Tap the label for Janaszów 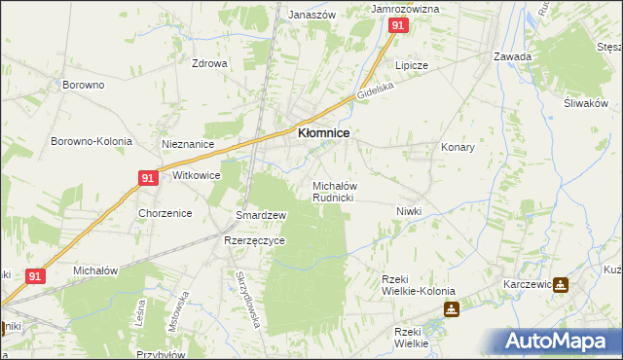[x=311, y=16]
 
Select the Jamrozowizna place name [x=406, y=8]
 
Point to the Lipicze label [x=412, y=65]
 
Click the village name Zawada [x=512, y=56]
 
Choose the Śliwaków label [x=585, y=103]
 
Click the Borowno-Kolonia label [x=92, y=141]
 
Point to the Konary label [x=458, y=148]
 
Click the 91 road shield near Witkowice [x=148, y=178]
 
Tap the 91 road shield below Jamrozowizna [x=397, y=27]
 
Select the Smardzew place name [x=261, y=215]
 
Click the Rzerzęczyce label [x=254, y=240]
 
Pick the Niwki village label [x=409, y=211]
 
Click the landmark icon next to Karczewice [x=562, y=285]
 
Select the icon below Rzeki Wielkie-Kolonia [x=452, y=310]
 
